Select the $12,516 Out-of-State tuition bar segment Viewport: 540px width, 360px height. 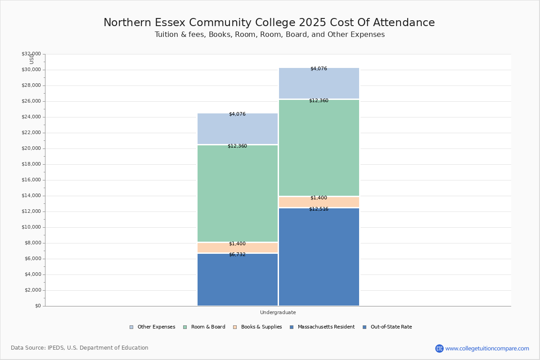pyautogui.click(x=319, y=257)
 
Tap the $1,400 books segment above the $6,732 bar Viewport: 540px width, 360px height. pyautogui.click(x=238, y=248)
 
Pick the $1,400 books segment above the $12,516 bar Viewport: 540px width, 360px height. pyautogui.click(x=319, y=202)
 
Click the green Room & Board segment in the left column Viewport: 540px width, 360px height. pyautogui.click(x=238, y=193)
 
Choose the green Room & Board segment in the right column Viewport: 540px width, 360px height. pyautogui.click(x=319, y=148)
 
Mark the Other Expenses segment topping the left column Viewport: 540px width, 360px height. pyautogui.click(x=238, y=129)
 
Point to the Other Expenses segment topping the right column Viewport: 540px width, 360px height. pyautogui.click(x=319, y=83)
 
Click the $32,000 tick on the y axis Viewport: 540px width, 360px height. pyautogui.click(x=31, y=54)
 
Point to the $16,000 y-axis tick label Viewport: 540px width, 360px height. pyautogui.click(x=31, y=180)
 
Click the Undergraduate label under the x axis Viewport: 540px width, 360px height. pyautogui.click(x=278, y=312)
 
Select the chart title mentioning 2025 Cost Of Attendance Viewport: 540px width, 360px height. pyautogui.click(x=269, y=23)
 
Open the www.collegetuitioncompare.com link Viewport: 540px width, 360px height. pyautogui.click(x=487, y=348)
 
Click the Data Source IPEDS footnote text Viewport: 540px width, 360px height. pyautogui.click(x=80, y=348)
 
